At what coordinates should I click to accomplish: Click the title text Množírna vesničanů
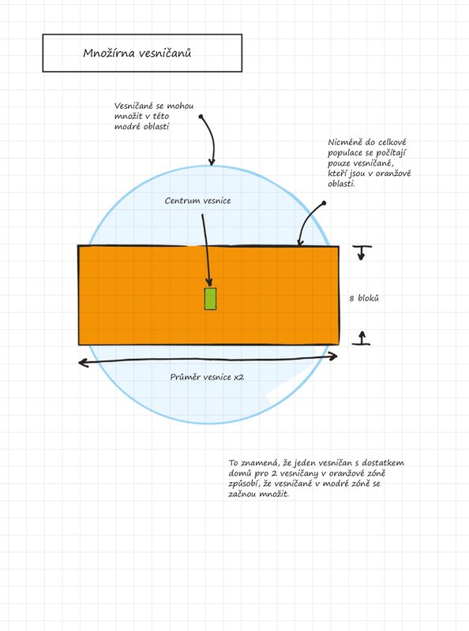pyautogui.click(x=137, y=53)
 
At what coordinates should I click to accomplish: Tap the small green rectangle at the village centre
pyautogui.click(x=210, y=299)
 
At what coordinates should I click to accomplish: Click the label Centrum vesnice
pyautogui.click(x=198, y=200)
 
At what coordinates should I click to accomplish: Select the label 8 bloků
pyautogui.click(x=364, y=298)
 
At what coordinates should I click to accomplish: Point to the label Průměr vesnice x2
pyautogui.click(x=207, y=377)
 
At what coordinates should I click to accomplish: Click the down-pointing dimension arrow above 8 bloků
pyautogui.click(x=362, y=252)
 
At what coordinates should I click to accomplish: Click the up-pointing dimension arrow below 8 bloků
pyautogui.click(x=362, y=338)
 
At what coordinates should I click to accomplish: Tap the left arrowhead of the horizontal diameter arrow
pyautogui.click(x=84, y=363)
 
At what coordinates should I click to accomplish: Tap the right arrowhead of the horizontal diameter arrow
pyautogui.click(x=332, y=357)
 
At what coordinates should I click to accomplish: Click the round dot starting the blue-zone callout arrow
pyautogui.click(x=201, y=117)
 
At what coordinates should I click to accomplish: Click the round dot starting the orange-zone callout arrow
pyautogui.click(x=324, y=203)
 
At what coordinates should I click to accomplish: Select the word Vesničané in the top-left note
pyautogui.click(x=133, y=106)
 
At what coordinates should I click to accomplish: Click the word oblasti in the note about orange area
pyautogui.click(x=342, y=184)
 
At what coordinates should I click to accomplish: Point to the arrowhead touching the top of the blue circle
pyautogui.click(x=212, y=162)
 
